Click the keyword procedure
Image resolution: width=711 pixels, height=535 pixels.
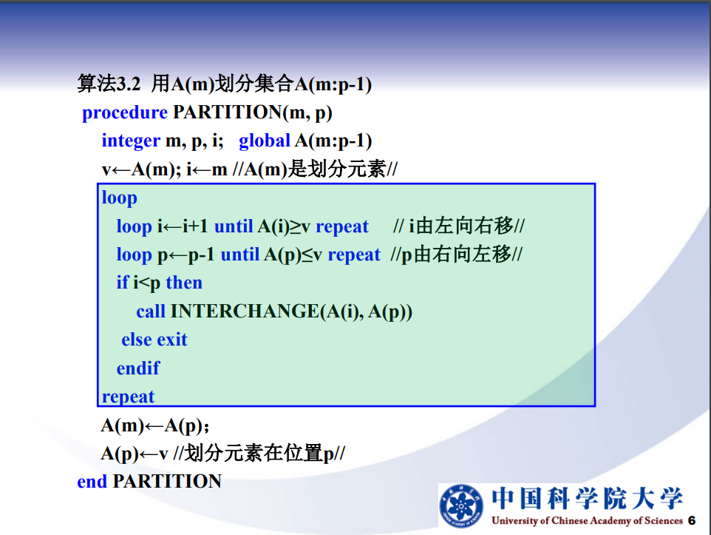[x=125, y=112]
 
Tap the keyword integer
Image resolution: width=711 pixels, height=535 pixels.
[x=131, y=141]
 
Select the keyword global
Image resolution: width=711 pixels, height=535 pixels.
[x=265, y=141]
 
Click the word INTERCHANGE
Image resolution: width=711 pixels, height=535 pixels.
[x=245, y=311]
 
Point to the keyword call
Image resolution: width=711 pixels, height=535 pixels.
[x=151, y=311]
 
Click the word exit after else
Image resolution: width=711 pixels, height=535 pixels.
[x=172, y=339]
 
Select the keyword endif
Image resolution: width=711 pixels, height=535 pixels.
[x=138, y=368]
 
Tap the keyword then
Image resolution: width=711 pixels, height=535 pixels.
[x=184, y=283]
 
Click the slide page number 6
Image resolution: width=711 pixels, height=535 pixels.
[x=692, y=520]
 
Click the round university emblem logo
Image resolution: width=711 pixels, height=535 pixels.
[x=461, y=506]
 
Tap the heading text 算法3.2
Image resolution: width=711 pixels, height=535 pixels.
[x=109, y=84]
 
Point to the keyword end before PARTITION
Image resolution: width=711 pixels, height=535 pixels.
[x=92, y=482]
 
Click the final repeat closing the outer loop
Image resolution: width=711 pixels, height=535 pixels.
[x=129, y=397]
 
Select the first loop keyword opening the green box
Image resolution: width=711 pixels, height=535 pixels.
[x=119, y=198]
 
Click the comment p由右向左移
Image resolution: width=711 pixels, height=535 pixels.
[x=456, y=255]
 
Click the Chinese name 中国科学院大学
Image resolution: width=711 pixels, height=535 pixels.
[x=588, y=498]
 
